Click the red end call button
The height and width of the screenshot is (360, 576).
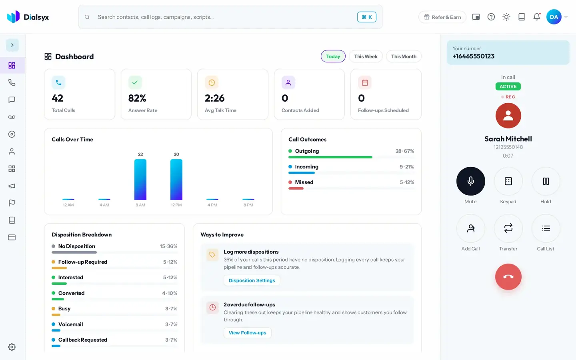point(508,277)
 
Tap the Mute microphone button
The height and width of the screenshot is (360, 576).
point(470,181)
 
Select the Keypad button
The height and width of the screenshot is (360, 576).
point(508,181)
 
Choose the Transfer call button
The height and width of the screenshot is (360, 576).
point(508,228)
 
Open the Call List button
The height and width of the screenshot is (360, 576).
point(546,228)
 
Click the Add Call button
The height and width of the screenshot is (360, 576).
point(470,228)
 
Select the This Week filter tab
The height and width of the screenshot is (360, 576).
point(366,56)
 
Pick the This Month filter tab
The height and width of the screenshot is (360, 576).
point(404,56)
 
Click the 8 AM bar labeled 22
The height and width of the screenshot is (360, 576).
point(140,180)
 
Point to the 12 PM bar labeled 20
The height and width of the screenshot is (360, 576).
point(176,180)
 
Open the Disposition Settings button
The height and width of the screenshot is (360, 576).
point(252,280)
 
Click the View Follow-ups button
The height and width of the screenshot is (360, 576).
point(247,333)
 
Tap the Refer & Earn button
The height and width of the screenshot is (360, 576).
point(442,17)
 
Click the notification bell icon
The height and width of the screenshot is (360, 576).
point(537,17)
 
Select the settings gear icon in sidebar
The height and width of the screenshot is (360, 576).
point(12,347)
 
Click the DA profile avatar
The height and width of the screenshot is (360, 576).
point(554,17)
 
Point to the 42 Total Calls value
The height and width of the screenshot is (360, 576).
point(57,98)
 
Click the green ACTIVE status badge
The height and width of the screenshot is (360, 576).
point(508,86)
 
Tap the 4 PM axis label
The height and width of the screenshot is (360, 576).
point(212,205)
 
